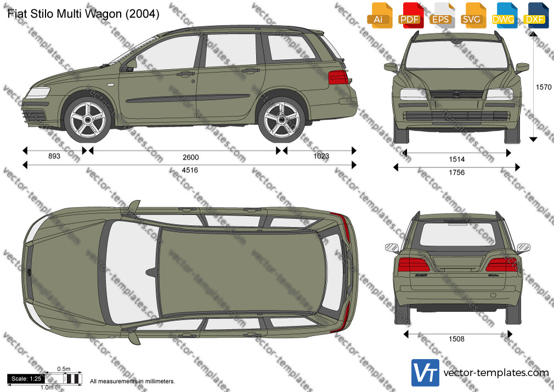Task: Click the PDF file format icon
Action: point(410,15)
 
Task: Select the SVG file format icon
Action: point(472,15)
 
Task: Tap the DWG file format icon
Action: point(503,15)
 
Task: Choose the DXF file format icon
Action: point(535,15)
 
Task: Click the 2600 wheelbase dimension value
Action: point(190,157)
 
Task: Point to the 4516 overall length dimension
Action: point(190,170)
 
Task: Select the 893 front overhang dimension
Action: point(54,156)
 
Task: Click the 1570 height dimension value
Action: point(544,87)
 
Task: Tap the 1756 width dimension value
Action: point(456,172)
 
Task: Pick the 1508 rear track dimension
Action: point(456,339)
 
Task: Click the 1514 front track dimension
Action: point(456,159)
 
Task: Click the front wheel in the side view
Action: point(88,120)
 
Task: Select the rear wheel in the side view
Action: point(281,120)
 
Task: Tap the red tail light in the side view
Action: point(338,77)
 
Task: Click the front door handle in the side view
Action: point(185,74)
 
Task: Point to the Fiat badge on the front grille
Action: point(456,94)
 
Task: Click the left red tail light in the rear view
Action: point(414,265)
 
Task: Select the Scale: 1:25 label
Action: point(26,379)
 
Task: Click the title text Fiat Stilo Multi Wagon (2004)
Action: point(83,14)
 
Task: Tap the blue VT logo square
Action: point(425,373)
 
